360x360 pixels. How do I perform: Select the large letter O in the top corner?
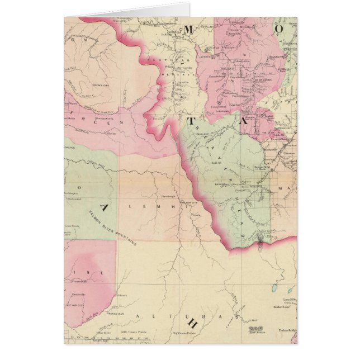point(278,27)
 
